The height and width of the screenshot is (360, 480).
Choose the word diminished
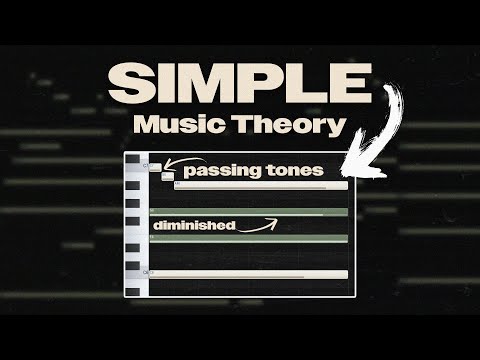coord(194,226)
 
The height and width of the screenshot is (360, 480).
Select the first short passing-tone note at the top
coord(155,168)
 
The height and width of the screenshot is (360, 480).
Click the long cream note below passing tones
coord(260,186)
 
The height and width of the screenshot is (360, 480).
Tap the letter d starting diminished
coord(157,226)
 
